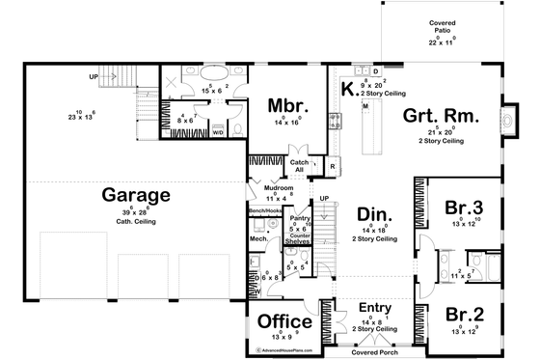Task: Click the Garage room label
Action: tap(137, 195)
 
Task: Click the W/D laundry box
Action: tap(218, 133)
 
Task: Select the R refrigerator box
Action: tap(331, 167)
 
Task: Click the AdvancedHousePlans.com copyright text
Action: tap(284, 350)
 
